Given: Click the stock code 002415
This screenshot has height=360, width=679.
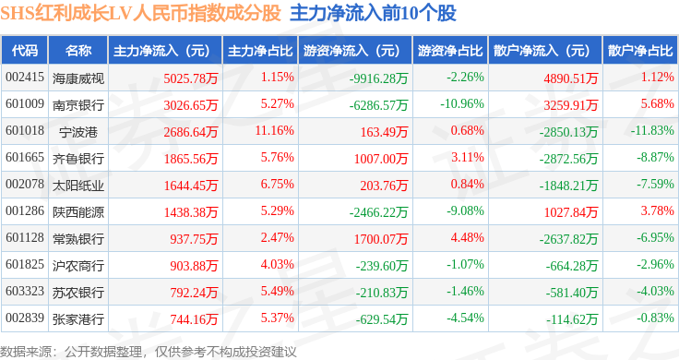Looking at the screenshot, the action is pos(25,78).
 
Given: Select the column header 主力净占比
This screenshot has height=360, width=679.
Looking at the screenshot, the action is pos(260,51).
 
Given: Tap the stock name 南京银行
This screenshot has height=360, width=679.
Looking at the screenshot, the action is pos(78,105).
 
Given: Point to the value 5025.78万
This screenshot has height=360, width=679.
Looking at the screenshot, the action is pos(191,78).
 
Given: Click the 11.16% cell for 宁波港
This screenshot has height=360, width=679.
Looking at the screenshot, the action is pos(274,130).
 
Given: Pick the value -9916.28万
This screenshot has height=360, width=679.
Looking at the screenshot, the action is pos(379,78).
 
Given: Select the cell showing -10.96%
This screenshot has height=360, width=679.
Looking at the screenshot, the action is pos(462,104).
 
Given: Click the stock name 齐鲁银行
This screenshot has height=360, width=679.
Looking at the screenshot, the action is pos(78,159).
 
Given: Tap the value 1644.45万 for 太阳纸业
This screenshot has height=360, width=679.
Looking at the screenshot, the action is pos(191,186).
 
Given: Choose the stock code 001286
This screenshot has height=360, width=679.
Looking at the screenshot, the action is pos(25,211).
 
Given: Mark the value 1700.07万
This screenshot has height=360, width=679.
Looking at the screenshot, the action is pos(381,239).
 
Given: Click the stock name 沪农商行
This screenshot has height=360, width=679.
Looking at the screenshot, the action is pos(78,266).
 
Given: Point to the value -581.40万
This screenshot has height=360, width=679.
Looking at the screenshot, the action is pos(572,293).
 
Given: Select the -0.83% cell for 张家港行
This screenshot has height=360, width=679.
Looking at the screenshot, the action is pos(655,318).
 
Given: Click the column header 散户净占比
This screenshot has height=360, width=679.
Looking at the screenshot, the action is pos(640,51).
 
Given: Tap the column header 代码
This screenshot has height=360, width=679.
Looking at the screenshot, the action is pos(25,51).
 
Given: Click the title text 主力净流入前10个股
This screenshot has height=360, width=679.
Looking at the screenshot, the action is pos(373,13).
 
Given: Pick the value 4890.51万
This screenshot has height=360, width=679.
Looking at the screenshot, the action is pos(571,78).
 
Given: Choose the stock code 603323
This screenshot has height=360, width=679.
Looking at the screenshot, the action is pos(25,291).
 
